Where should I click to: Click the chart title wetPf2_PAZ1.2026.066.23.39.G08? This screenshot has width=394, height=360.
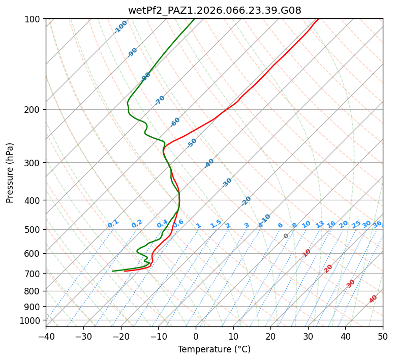click(215, 10)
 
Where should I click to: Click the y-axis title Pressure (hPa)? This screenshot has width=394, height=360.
click(10, 173)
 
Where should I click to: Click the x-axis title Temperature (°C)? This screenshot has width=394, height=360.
click(214, 350)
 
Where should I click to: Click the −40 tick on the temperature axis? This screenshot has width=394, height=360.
click(46, 337)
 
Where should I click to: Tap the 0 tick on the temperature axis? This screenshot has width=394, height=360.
click(196, 337)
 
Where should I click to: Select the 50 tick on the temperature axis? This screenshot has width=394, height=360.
click(383, 337)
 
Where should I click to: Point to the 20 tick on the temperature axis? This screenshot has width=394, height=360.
click(270, 337)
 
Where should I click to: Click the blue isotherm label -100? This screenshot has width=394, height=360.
click(120, 27)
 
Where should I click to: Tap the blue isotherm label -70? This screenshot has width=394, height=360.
click(160, 100)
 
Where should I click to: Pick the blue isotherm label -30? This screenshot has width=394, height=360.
click(227, 183)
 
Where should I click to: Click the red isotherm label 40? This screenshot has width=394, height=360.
click(373, 299)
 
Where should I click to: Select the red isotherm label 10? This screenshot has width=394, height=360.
click(307, 253)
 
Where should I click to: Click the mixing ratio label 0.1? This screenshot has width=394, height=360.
click(113, 223)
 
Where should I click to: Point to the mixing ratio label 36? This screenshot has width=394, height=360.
click(377, 224)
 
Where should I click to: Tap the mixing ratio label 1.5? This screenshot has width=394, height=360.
click(216, 223)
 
